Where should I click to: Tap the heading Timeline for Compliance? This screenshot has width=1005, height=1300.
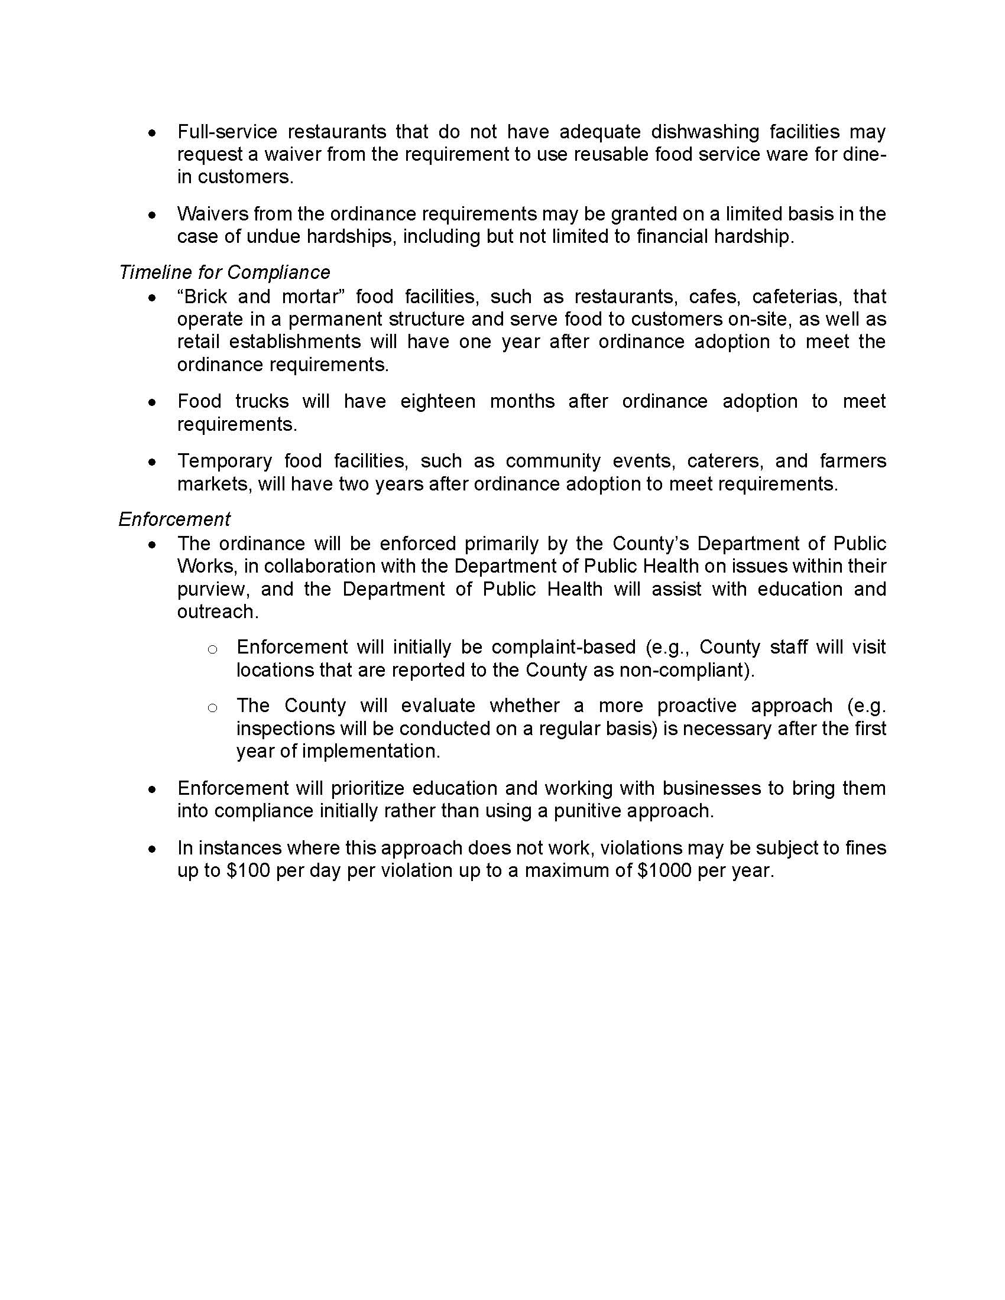tap(225, 272)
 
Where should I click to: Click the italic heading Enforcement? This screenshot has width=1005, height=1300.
tap(174, 519)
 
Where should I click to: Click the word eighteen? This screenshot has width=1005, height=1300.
tap(437, 401)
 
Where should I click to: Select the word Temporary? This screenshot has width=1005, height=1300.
tap(224, 461)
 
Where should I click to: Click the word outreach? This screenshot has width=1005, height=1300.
tap(218, 612)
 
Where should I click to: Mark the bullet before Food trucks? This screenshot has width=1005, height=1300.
tap(153, 402)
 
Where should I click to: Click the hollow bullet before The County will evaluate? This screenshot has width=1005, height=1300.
tap(212, 708)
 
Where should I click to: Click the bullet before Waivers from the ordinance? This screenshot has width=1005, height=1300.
tap(153, 215)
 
